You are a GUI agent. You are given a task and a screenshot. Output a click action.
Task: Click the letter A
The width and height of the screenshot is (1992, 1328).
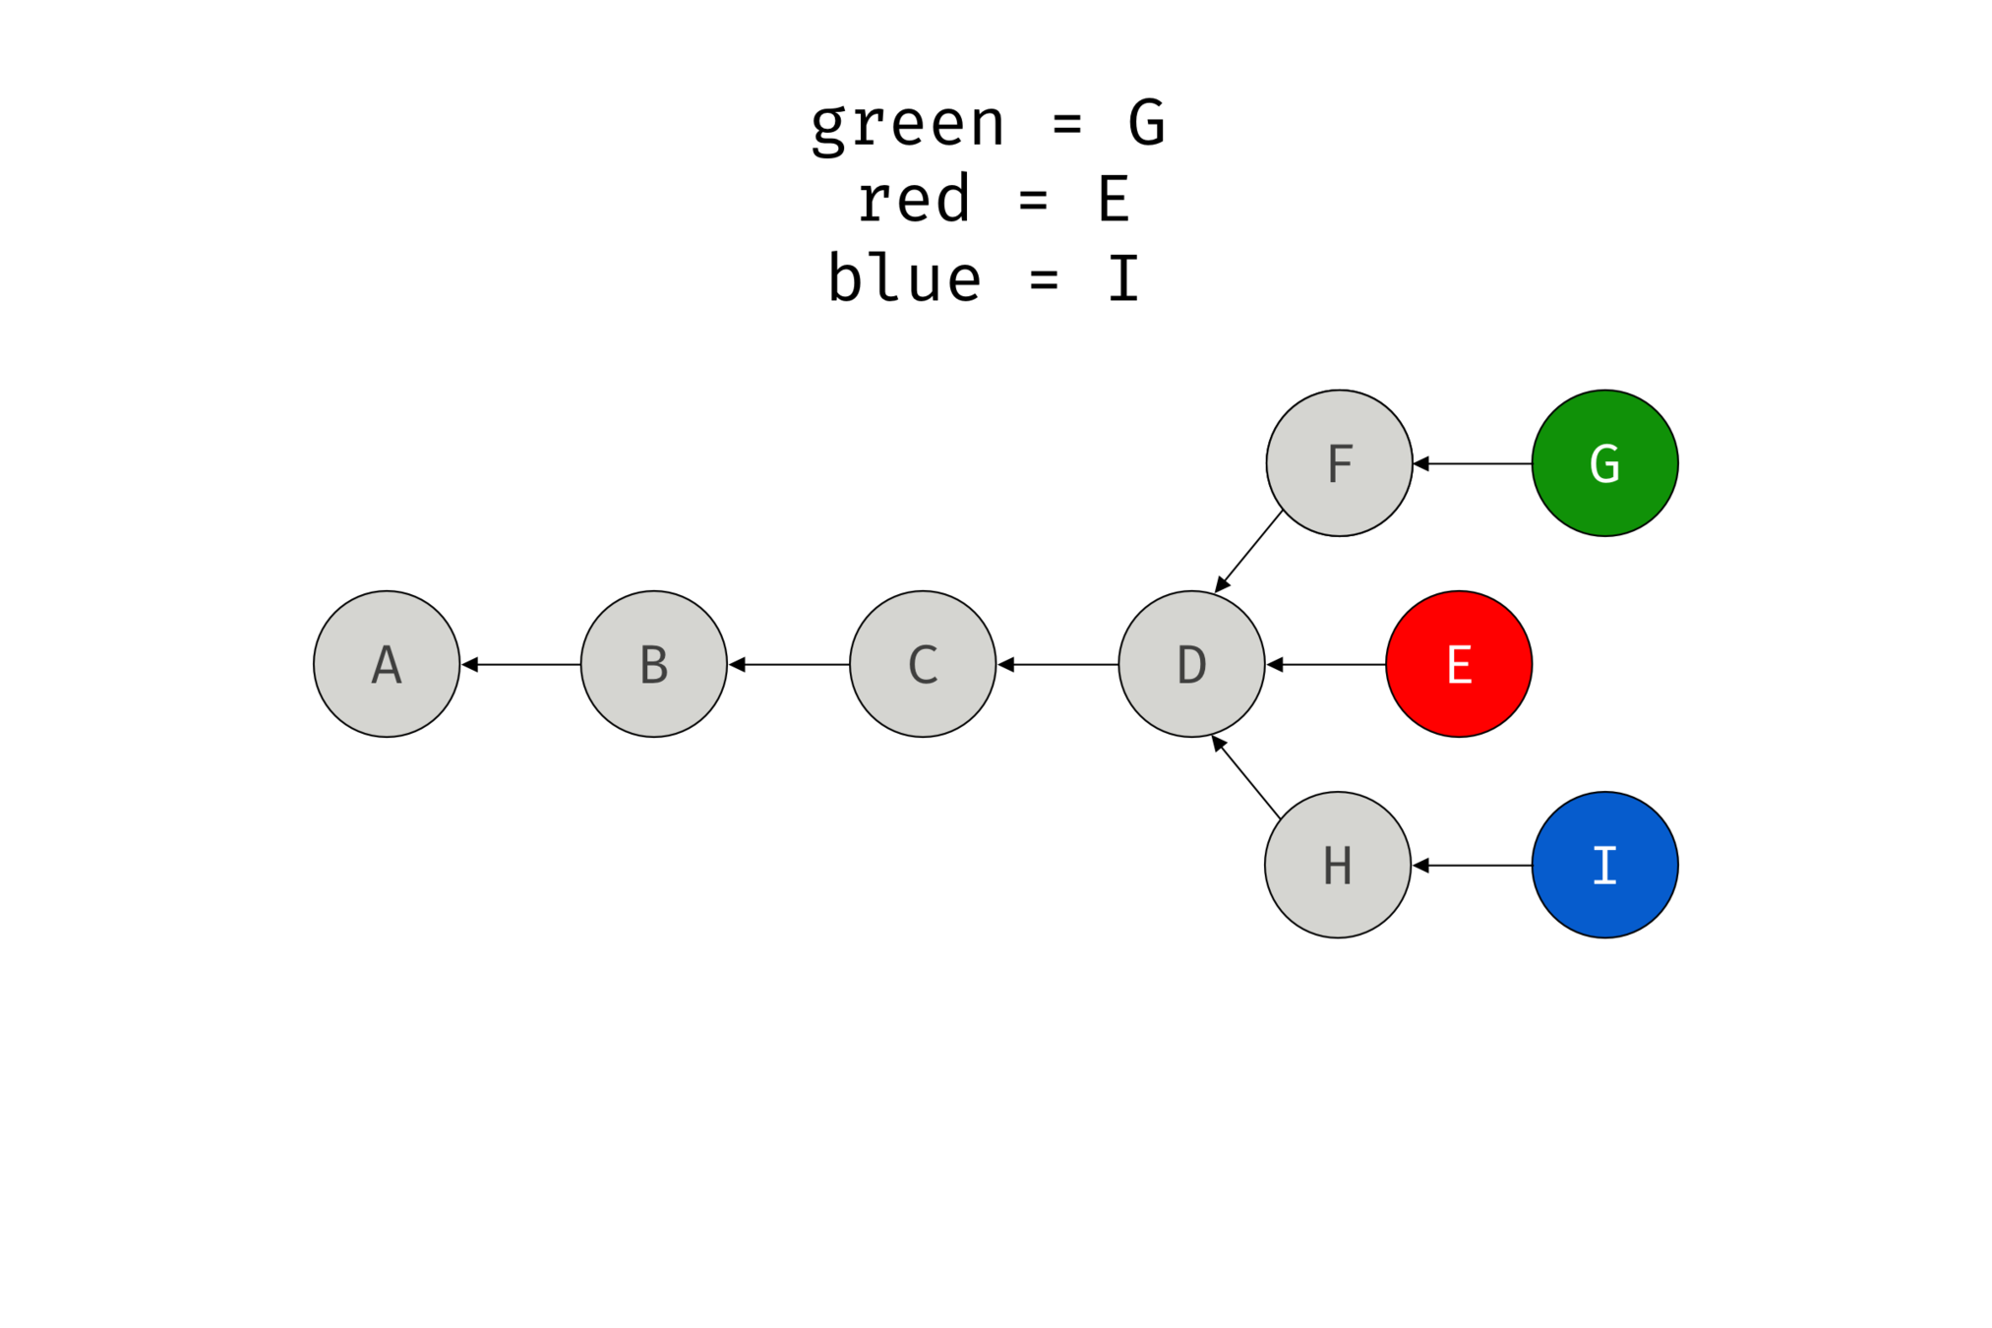(387, 665)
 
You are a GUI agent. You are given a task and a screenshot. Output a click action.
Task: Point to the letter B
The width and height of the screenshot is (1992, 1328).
(654, 665)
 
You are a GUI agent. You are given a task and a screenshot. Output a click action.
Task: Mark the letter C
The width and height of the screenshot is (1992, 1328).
(923, 665)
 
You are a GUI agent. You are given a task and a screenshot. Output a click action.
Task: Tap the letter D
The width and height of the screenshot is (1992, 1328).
(1191, 665)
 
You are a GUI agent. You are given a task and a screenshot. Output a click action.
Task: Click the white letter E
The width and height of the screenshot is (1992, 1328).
(1459, 665)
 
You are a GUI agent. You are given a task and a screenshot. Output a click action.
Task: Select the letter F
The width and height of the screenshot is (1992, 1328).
(1340, 464)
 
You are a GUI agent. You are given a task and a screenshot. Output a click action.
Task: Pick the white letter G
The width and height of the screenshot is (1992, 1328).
(1604, 464)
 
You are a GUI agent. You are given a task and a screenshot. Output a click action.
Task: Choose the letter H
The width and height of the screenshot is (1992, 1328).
(1338, 866)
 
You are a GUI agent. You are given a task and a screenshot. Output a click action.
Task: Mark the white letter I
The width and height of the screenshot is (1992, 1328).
(1604, 866)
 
